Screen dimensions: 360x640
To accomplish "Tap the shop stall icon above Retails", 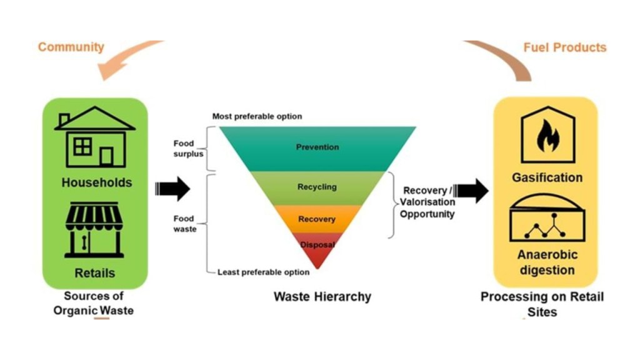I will click(x=94, y=229).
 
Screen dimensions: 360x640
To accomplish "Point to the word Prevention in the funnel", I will click(x=317, y=147).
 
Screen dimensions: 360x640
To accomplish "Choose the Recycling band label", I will click(x=317, y=187).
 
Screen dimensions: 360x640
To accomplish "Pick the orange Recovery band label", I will click(x=317, y=219).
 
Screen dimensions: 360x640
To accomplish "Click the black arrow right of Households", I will click(x=172, y=188).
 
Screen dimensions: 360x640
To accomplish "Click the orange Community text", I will click(x=71, y=47).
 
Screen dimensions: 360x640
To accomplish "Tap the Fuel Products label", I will click(x=564, y=47).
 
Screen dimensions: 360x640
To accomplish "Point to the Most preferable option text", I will click(x=257, y=116).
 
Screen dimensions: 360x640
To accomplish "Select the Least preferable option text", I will click(x=263, y=272).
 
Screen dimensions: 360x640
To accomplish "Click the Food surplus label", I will click(x=187, y=149).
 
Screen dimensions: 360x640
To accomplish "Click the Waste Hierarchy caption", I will click(x=322, y=296).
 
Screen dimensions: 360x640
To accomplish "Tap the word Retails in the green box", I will click(x=95, y=273).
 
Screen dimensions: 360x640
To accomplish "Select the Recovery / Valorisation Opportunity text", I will click(x=427, y=202).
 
